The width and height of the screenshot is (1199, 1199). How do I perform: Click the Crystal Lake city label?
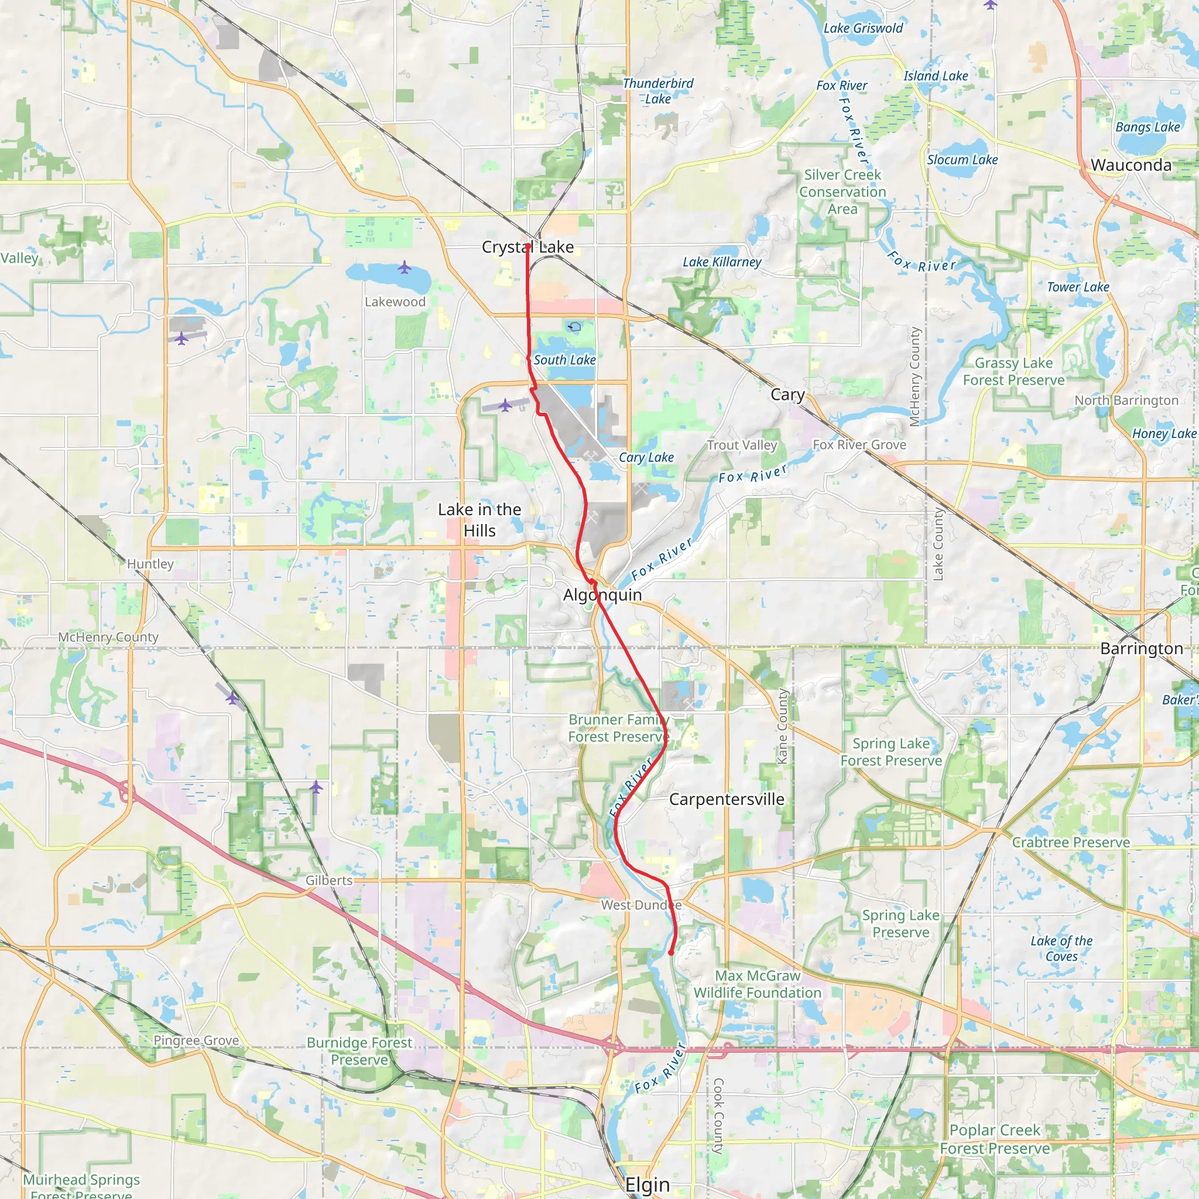click(527, 247)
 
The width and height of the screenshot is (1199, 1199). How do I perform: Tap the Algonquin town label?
click(602, 595)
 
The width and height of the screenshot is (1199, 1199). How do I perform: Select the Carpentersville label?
click(726, 799)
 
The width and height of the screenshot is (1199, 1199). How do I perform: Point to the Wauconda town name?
click(1131, 165)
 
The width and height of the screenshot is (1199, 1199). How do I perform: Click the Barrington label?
click(1141, 649)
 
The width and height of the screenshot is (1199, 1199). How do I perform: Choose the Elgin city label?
click(648, 1184)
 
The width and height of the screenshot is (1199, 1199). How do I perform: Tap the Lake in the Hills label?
click(479, 520)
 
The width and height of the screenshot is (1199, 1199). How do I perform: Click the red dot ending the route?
click(671, 952)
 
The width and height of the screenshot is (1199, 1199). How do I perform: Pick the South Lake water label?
click(564, 360)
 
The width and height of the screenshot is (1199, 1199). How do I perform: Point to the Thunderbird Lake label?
click(658, 91)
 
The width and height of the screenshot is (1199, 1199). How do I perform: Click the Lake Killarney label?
click(721, 262)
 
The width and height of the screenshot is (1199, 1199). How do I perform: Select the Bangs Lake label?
click(1147, 127)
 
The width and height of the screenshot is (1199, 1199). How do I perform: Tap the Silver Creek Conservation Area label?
click(842, 192)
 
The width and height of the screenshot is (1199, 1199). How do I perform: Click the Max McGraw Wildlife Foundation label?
click(757, 984)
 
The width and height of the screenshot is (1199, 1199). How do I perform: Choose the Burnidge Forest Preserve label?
click(359, 1051)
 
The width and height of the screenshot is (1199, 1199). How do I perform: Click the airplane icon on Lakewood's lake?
click(405, 268)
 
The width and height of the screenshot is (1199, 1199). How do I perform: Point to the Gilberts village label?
click(329, 880)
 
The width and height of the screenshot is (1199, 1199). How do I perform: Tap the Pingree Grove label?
click(196, 1040)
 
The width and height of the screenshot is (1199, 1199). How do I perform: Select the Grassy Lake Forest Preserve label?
click(1013, 371)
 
